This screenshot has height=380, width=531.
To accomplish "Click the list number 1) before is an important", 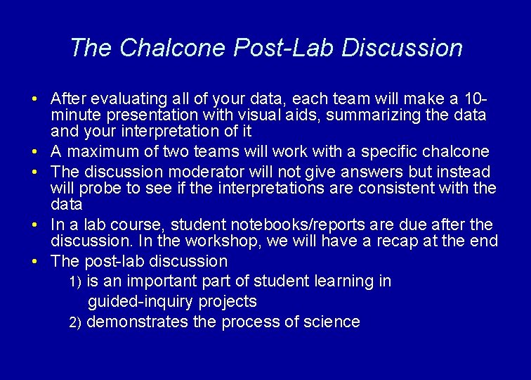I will click(75, 282).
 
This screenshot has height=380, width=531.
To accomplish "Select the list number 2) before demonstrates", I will click(75, 323).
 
